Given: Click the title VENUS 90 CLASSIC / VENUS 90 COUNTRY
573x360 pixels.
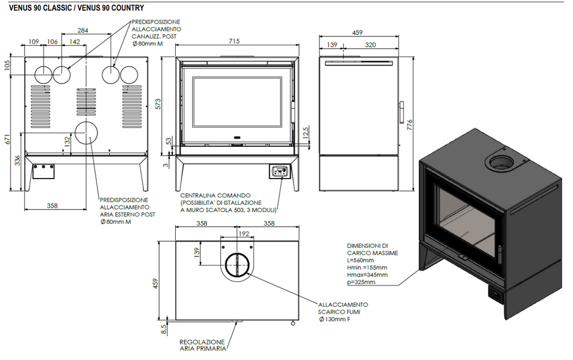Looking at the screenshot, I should (x=76, y=8).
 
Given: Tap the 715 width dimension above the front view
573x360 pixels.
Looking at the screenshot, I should (x=234, y=41).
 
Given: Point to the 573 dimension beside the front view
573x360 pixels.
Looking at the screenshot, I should (x=158, y=104).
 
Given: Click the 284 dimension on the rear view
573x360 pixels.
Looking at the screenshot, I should (x=83, y=30).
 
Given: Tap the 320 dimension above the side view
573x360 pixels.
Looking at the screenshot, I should (x=370, y=45).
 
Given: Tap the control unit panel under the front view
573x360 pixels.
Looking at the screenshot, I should (x=279, y=171).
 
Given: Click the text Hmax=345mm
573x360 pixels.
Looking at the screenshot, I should (x=367, y=275).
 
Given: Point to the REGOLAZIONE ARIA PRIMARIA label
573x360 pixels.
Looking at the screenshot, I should (x=202, y=345).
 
